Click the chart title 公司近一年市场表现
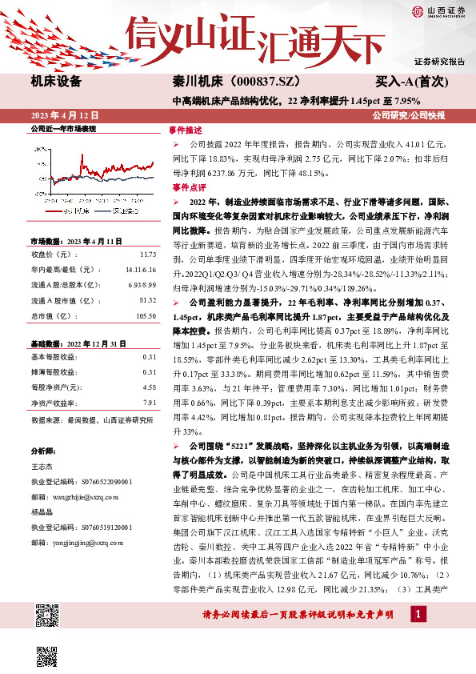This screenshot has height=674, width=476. (x=63, y=128)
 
